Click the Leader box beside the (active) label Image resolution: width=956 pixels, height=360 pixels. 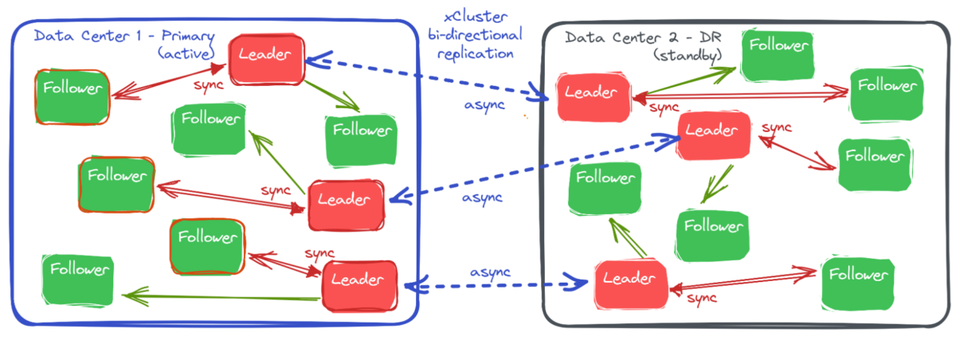click(x=267, y=58)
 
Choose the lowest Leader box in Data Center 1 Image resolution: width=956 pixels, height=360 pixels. click(x=359, y=280)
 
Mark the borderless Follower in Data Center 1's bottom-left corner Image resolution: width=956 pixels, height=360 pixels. click(x=78, y=280)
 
